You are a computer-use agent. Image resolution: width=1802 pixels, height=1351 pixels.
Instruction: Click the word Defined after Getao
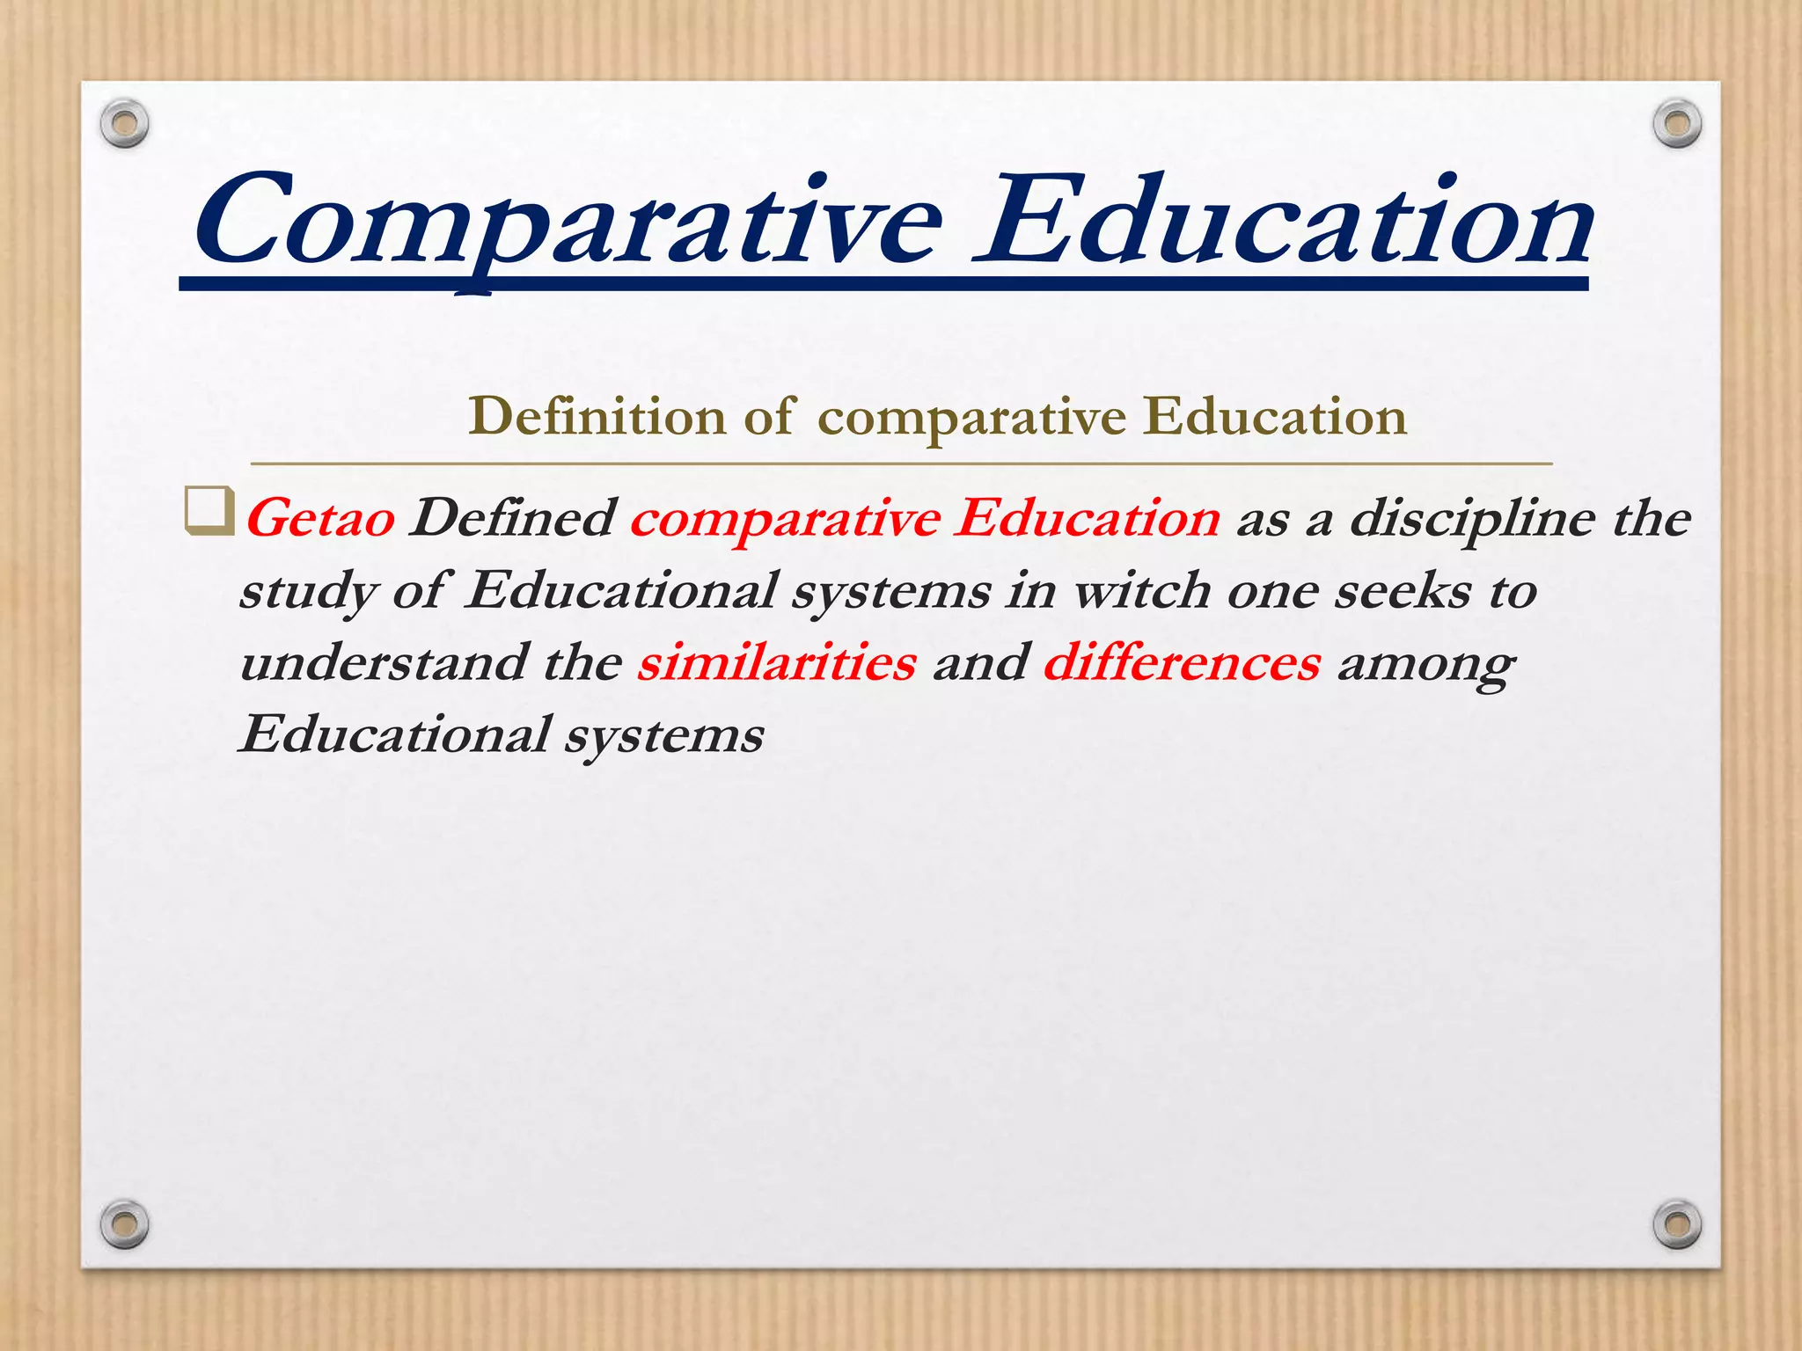(512, 517)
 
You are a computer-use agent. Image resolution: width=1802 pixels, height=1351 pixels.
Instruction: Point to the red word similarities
(777, 662)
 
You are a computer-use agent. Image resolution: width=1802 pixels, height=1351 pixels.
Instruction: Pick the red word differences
(1182, 662)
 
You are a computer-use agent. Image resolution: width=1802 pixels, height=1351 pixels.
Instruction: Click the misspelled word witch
(1141, 590)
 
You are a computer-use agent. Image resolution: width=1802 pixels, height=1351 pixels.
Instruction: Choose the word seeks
(1403, 590)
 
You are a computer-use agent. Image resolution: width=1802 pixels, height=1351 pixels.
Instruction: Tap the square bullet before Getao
(209, 511)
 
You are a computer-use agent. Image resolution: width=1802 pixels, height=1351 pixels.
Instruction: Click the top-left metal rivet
(124, 123)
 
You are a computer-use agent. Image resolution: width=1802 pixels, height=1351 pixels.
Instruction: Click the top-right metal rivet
(1677, 123)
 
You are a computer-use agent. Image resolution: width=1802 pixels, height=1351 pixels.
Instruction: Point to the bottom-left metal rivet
(124, 1223)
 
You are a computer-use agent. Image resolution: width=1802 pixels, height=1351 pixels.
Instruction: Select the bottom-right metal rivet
(1677, 1223)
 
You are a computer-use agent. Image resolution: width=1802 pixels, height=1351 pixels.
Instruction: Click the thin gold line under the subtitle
(901, 463)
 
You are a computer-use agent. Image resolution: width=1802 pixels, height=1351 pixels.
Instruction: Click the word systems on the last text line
(664, 735)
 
